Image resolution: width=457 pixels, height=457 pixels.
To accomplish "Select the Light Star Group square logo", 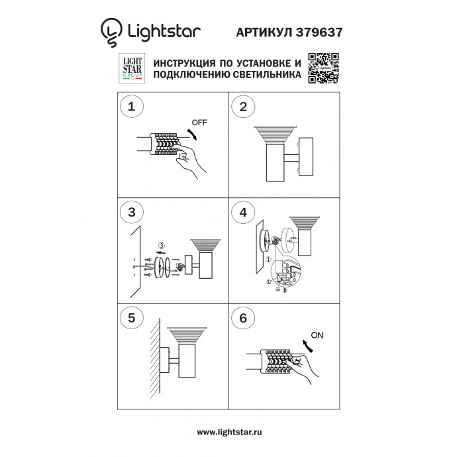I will pyautogui.click(x=131, y=68).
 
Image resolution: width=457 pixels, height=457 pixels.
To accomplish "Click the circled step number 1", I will pyautogui.click(x=132, y=107).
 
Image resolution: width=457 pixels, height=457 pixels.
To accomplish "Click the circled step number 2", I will pyautogui.click(x=244, y=107).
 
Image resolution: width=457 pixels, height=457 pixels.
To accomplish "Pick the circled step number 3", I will pyautogui.click(x=132, y=213).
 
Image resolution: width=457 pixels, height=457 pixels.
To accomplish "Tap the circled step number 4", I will pyautogui.click(x=244, y=213).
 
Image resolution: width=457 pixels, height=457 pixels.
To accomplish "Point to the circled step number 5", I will pyautogui.click(x=132, y=318).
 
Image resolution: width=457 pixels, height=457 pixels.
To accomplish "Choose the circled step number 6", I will pyautogui.click(x=244, y=318).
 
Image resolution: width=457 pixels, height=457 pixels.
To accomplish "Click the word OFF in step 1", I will pyautogui.click(x=199, y=123).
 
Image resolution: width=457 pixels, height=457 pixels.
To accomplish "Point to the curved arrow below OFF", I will pyautogui.click(x=192, y=134).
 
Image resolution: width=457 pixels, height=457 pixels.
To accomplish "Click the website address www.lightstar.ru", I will pyautogui.click(x=228, y=432).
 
